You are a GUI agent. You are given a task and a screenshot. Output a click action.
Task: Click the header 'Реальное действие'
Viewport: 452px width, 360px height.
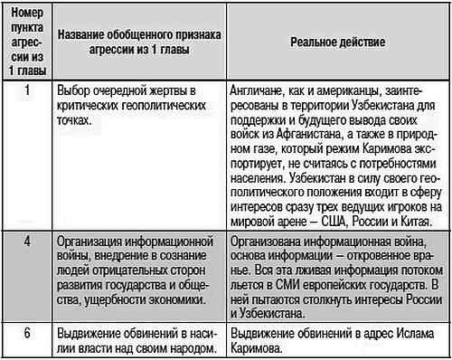pos(334,42)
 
